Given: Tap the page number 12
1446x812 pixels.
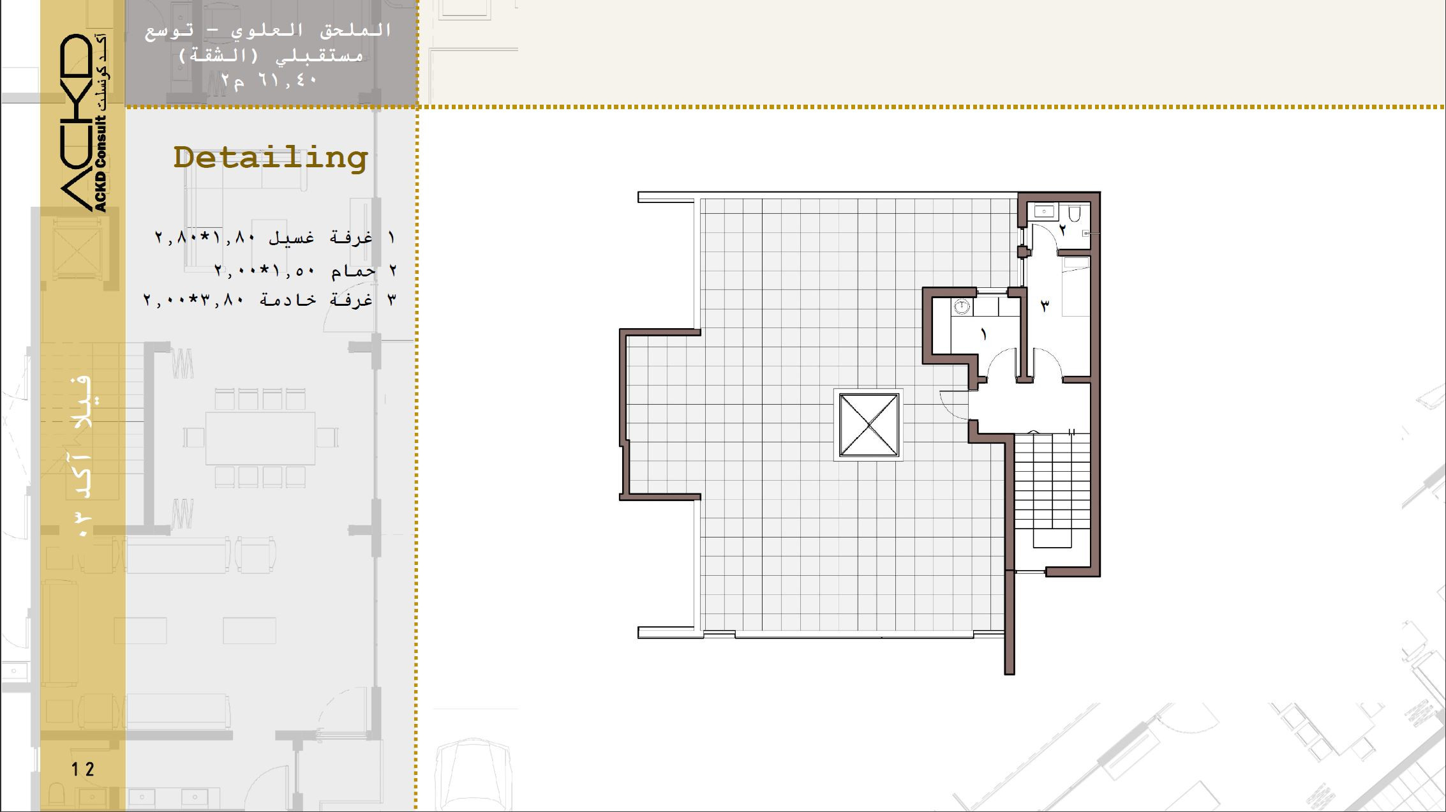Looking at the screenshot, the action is tap(83, 769).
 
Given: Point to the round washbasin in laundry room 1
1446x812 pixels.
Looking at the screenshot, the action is tap(960, 307).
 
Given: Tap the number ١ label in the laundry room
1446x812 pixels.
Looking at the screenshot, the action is tap(983, 334).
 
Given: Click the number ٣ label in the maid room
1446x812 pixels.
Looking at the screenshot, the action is tap(1045, 306).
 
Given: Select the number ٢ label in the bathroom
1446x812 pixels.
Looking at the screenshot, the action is tap(1062, 229).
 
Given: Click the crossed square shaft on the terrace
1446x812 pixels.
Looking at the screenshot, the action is tap(868, 425).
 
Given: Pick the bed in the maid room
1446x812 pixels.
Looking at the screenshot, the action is tap(1076, 286).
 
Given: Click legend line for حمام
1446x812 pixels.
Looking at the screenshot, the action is tap(306, 271).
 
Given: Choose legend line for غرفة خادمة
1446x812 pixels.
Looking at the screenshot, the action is tap(270, 299).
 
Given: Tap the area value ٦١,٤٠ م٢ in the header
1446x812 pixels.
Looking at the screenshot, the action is tap(269, 80).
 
